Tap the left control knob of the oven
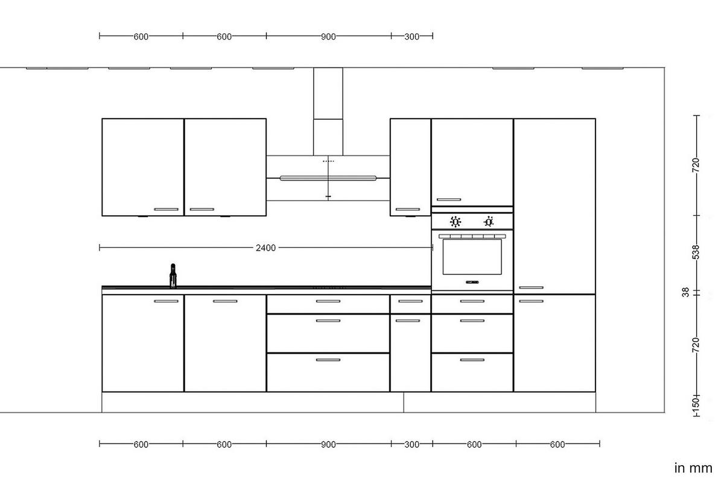pyautogui.click(x=456, y=222)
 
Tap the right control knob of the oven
pyautogui.click(x=489, y=222)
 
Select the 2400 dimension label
pyautogui.click(x=265, y=248)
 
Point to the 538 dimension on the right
pyautogui.click(x=696, y=251)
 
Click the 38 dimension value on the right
pyautogui.click(x=685, y=292)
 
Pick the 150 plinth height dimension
pyautogui.click(x=696, y=403)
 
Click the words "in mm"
pyautogui.click(x=693, y=468)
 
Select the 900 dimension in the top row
pyautogui.click(x=328, y=37)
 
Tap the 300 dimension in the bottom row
pyautogui.click(x=411, y=445)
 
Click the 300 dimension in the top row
pyautogui.click(x=411, y=37)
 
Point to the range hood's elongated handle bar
pyautogui.click(x=328, y=178)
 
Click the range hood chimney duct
pyautogui.click(x=328, y=111)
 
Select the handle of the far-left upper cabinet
pyautogui.click(x=166, y=210)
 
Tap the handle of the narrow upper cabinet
pyautogui.click(x=407, y=210)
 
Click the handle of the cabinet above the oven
pyautogui.click(x=448, y=199)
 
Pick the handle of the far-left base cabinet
pyautogui.click(x=166, y=301)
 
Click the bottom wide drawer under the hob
pyautogui.click(x=328, y=372)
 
